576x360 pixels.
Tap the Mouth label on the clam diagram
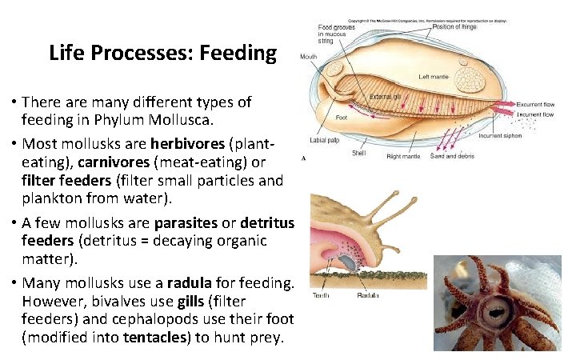308,57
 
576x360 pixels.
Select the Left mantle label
434,78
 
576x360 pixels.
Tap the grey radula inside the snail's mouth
350,262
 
